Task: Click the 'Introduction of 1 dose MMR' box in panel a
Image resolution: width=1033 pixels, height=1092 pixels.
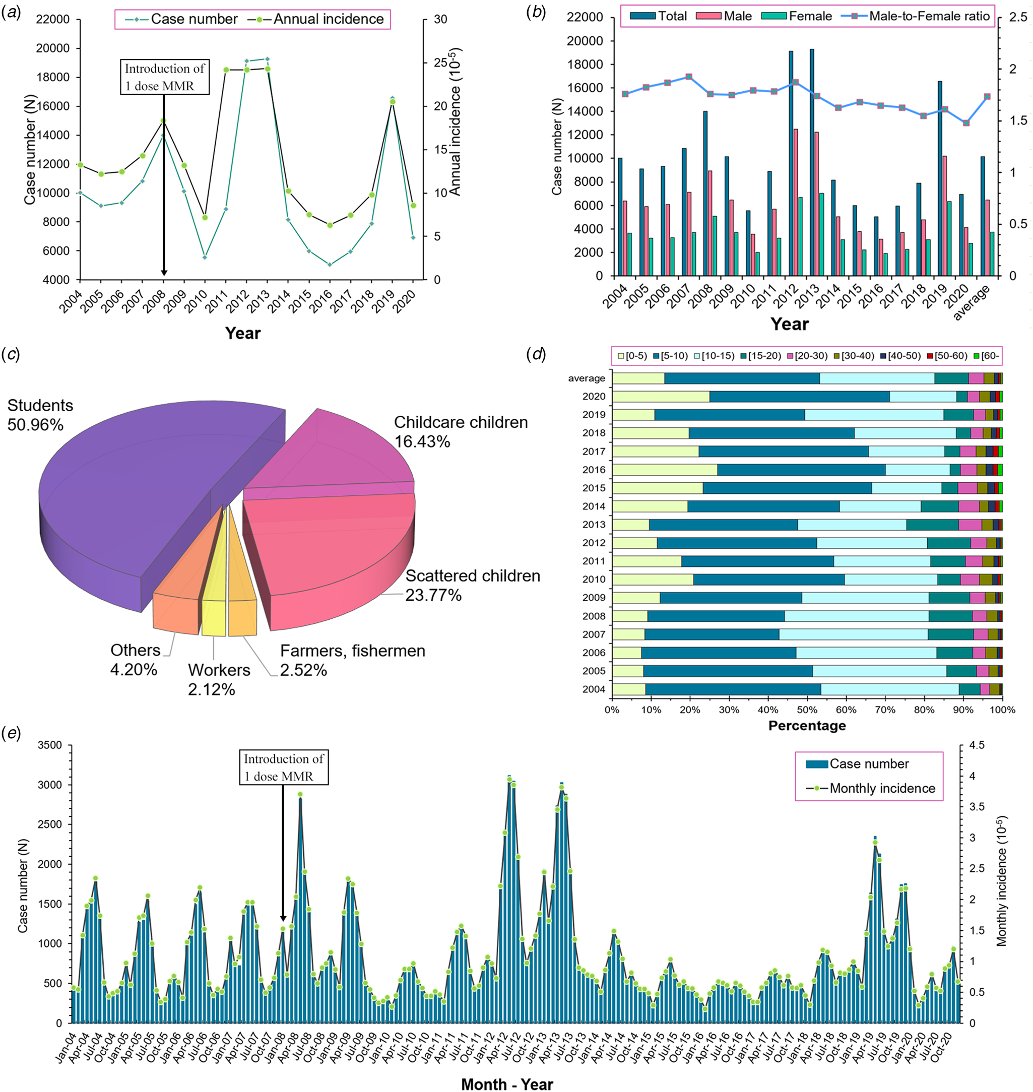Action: pyautogui.click(x=165, y=77)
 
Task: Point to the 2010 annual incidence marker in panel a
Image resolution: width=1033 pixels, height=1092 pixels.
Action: pyautogui.click(x=205, y=218)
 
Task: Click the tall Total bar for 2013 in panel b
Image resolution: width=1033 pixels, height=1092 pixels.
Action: pyautogui.click(x=812, y=165)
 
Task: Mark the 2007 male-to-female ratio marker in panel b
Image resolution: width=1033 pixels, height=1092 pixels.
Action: pyautogui.click(x=689, y=77)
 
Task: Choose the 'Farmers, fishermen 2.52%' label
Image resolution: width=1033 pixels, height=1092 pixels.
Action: pyautogui.click(x=352, y=660)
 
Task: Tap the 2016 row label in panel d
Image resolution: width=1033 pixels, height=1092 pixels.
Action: pyautogui.click(x=594, y=470)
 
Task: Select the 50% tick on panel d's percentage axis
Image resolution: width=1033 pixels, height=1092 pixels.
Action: pyautogui.click(x=807, y=710)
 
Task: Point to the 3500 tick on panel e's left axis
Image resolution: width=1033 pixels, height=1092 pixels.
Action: pyautogui.click(x=49, y=745)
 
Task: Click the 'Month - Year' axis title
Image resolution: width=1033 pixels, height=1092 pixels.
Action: pyautogui.click(x=506, y=1084)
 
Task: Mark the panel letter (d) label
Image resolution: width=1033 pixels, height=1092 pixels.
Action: pyautogui.click(x=536, y=354)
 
